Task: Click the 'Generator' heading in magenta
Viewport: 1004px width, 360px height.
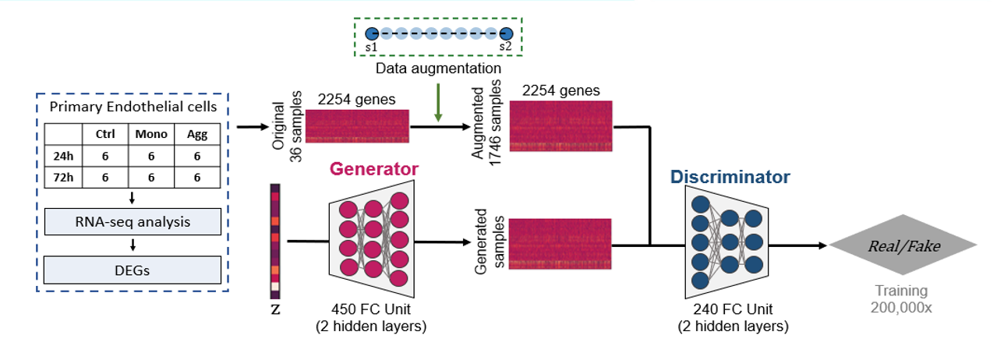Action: tap(373, 169)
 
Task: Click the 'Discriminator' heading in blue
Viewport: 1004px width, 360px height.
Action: tap(730, 177)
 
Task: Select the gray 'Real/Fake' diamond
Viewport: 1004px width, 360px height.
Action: tap(904, 246)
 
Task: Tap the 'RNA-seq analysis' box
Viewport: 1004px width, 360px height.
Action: tap(133, 223)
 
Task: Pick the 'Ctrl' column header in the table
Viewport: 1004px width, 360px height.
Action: tap(105, 134)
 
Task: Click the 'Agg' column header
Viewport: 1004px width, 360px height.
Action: tap(197, 134)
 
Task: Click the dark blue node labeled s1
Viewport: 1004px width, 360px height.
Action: tap(372, 34)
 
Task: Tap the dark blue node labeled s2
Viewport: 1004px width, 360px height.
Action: tap(506, 34)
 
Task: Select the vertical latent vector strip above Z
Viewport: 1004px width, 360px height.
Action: tap(275, 241)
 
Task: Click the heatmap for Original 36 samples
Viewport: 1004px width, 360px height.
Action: tap(357, 126)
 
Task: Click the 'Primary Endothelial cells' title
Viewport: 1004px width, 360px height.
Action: tap(133, 108)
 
